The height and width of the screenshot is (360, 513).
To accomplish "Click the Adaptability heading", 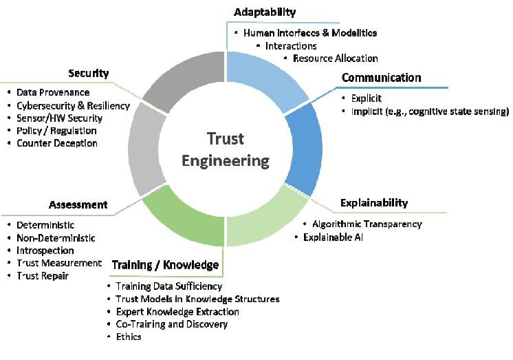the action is click(264, 12).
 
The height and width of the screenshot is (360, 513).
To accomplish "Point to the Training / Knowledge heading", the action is click(164, 264).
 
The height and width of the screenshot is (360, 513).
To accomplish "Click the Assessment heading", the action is click(78, 204).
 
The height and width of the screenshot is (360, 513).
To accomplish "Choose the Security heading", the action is click(88, 74).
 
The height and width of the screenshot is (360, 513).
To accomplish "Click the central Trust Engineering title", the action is click(226, 149).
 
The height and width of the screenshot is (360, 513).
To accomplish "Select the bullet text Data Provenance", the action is click(53, 92).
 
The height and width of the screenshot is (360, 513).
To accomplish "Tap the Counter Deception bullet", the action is click(57, 143).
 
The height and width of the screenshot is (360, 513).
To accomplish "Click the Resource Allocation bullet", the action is click(335, 59).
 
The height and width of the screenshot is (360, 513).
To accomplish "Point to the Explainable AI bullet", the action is click(333, 237).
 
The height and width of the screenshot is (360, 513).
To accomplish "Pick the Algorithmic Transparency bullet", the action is click(367, 224).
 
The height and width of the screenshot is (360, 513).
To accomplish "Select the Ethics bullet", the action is click(128, 337).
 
